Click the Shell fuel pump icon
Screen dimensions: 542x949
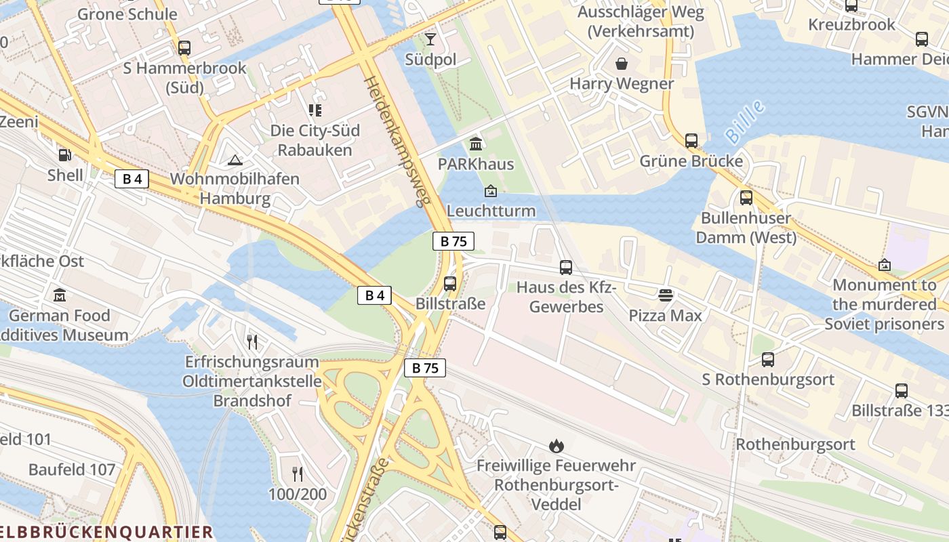64,155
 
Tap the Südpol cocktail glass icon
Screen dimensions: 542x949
430,39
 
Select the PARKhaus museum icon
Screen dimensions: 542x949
476,144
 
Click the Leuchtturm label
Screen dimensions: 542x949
491,211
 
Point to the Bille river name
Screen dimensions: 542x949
745,123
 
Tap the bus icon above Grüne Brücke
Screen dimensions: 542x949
691,141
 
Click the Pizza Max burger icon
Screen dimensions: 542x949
666,295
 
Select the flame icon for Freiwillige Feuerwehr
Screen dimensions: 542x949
556,445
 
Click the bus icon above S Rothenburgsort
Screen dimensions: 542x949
767,359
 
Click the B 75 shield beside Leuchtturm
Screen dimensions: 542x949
453,241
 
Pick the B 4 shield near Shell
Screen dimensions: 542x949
132,179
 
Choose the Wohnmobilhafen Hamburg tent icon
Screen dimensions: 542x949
235,160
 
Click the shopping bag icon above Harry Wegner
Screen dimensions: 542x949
622,64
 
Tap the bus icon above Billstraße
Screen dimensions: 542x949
450,283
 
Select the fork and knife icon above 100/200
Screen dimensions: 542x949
297,474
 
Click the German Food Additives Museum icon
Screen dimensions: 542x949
59,295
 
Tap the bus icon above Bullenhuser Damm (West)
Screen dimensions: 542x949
746,198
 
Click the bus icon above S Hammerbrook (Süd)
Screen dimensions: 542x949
184,48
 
